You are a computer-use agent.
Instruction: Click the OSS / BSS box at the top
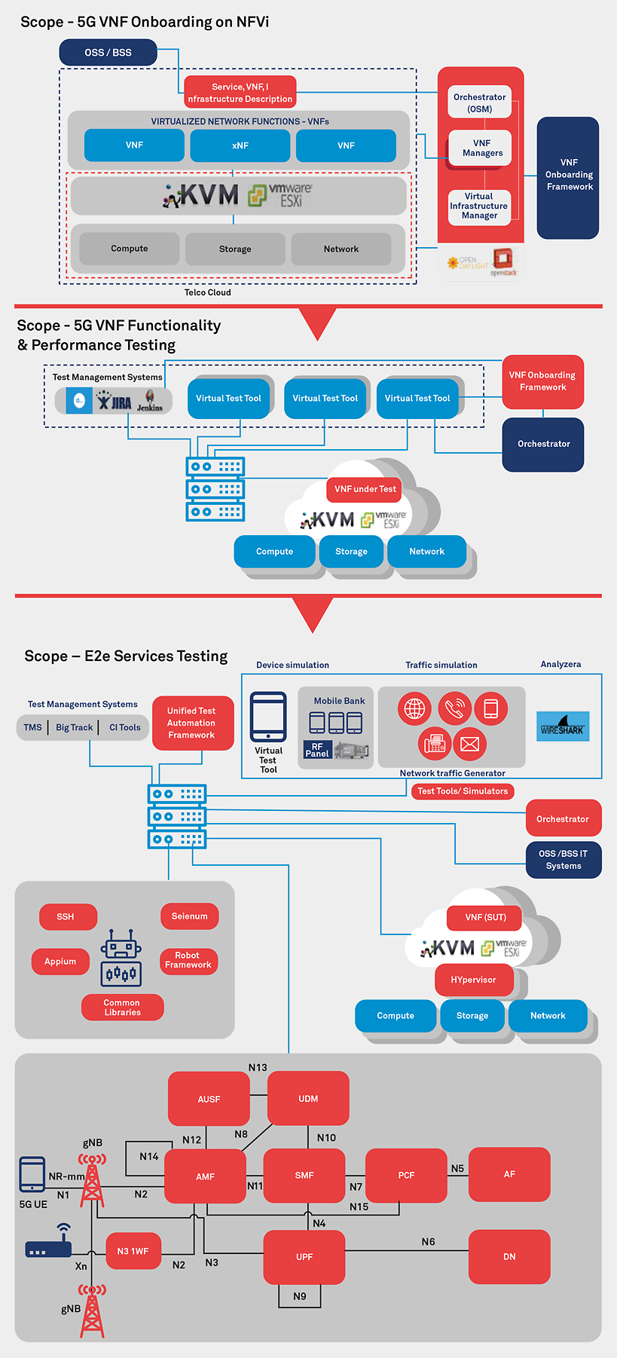108,53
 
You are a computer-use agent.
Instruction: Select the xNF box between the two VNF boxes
240,145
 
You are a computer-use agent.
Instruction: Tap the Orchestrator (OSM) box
480,102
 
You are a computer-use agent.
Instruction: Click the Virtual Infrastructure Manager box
479,206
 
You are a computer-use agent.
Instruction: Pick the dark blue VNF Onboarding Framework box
569,175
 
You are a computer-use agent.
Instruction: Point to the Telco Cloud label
208,292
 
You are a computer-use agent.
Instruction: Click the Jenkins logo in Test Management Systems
150,401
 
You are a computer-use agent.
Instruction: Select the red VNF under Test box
365,489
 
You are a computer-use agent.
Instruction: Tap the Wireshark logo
562,726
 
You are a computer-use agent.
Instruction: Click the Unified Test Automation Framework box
191,723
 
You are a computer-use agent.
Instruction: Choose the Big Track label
74,727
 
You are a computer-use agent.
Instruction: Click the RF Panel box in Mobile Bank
317,750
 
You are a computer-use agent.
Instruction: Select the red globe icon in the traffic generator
414,708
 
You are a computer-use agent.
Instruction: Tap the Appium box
60,962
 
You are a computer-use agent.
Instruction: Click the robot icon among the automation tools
121,957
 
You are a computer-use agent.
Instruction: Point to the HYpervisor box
473,980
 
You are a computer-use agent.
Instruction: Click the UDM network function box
308,1099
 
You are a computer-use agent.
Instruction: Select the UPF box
304,1257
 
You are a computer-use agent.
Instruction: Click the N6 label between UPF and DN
428,1242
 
